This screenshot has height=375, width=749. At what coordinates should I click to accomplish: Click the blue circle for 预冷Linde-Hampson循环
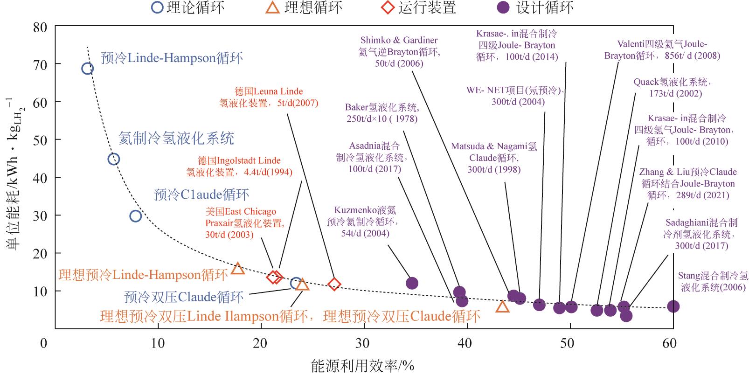coord(87,69)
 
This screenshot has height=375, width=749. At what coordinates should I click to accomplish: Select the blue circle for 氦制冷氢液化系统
coord(113,159)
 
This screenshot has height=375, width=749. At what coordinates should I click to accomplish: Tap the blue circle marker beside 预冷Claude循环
coord(135,216)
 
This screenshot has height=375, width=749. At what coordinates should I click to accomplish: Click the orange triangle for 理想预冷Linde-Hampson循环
coord(238,269)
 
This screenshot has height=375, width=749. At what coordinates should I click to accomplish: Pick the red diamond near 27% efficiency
coord(334,284)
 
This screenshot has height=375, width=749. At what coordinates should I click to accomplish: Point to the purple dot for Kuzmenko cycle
coord(412,283)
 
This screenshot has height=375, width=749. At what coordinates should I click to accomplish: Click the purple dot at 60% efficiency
coord(673,306)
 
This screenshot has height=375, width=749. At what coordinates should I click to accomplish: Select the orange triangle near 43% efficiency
coord(502,307)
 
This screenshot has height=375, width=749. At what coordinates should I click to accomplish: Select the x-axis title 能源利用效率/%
coord(362,366)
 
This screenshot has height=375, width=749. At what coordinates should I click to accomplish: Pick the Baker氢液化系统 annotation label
coord(382,113)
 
